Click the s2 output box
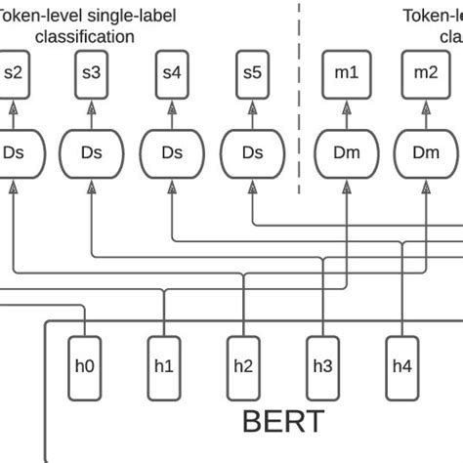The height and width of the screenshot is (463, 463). (14, 72)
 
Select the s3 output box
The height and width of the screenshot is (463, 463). (92, 72)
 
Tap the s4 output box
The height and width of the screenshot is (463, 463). (172, 72)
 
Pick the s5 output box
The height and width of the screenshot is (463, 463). (252, 72)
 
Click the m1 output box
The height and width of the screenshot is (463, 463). (347, 72)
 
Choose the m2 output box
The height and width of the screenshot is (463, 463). (427, 72)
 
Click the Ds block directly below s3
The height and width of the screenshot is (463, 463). (92, 152)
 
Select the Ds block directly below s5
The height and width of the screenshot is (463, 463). (252, 152)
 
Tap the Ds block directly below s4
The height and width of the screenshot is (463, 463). (172, 152)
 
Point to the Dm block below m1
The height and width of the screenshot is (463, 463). (347, 152)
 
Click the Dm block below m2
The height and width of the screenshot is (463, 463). (427, 152)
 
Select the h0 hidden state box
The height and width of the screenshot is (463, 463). (84, 366)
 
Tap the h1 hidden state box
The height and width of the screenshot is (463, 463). (164, 366)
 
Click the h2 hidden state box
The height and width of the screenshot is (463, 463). (244, 366)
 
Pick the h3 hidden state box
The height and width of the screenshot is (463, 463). (323, 366)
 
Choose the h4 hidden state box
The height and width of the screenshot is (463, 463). (402, 366)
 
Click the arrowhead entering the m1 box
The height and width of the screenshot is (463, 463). (347, 102)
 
